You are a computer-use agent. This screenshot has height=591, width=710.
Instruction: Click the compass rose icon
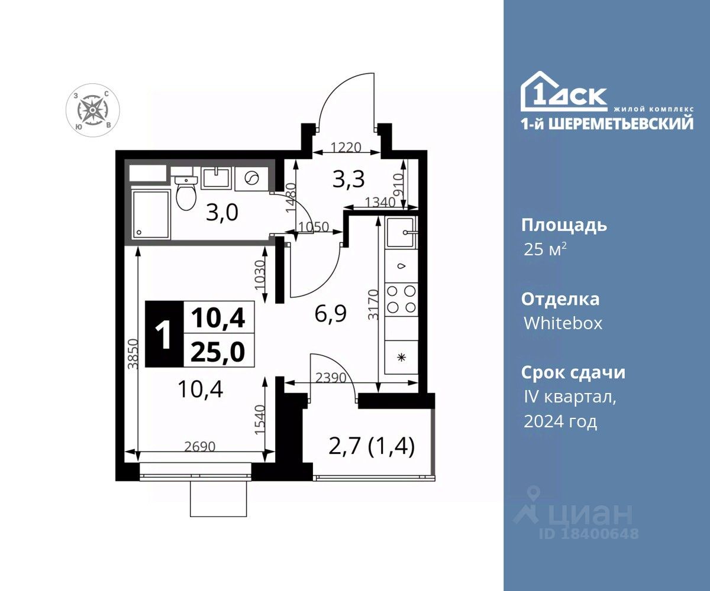tap(92, 110)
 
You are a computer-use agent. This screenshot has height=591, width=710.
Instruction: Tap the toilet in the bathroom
tap(186, 193)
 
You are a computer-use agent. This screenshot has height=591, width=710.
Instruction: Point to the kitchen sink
tap(402, 233)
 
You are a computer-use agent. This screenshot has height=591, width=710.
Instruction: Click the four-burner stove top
tap(401, 300)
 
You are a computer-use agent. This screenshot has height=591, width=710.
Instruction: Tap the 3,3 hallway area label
tap(348, 179)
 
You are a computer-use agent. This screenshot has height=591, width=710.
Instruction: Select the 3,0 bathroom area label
tap(222, 213)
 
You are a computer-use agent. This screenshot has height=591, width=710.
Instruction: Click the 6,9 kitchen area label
tap(330, 314)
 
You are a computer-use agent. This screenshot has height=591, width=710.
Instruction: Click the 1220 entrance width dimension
tap(346, 147)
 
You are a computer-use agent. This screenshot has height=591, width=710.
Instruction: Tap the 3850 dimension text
tap(133, 354)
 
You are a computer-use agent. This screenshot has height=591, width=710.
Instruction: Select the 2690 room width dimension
tap(199, 446)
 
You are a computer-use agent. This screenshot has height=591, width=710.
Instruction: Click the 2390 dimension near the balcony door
tap(331, 378)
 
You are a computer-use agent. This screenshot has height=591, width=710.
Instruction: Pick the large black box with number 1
tap(164, 335)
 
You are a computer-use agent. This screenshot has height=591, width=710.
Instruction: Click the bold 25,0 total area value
tap(218, 351)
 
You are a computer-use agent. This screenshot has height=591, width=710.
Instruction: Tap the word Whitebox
tap(563, 323)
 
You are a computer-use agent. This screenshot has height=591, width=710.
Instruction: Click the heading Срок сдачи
tap(573, 372)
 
